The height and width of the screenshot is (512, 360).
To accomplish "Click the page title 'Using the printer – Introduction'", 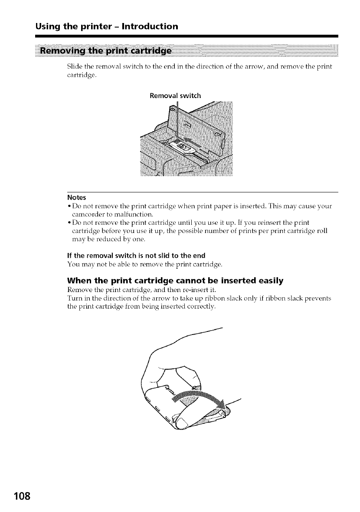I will (107, 26).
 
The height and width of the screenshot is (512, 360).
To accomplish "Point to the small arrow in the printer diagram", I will (187, 138).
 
